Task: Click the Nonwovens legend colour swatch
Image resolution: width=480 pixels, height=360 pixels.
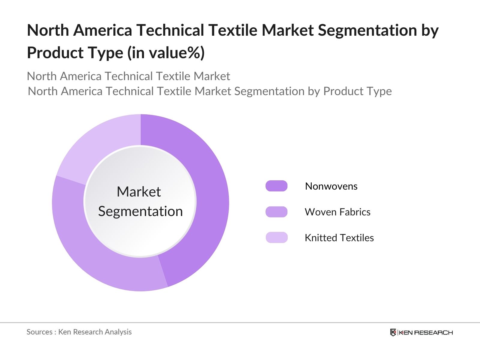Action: point(276,186)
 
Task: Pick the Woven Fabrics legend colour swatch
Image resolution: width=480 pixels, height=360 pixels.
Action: point(276,212)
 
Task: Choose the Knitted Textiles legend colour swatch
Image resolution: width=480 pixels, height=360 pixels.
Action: point(276,238)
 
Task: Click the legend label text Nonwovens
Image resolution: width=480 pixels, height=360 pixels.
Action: point(331,186)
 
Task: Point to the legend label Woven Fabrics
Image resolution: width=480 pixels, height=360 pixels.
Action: point(337,212)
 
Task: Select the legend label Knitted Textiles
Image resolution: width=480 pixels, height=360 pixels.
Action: point(339,238)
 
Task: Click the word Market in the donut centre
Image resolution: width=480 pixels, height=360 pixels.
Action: point(139,192)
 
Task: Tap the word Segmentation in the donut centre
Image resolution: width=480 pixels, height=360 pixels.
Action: point(140,211)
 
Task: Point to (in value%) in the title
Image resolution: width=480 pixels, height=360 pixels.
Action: point(166,53)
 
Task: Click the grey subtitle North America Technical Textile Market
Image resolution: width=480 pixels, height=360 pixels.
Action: point(128,76)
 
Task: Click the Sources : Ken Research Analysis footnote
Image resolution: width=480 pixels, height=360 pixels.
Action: point(79,332)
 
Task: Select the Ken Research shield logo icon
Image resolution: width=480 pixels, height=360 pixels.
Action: point(393,332)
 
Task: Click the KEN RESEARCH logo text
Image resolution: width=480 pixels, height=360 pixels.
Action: point(426,332)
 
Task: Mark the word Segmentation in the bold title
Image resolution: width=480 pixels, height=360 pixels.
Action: point(367,30)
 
